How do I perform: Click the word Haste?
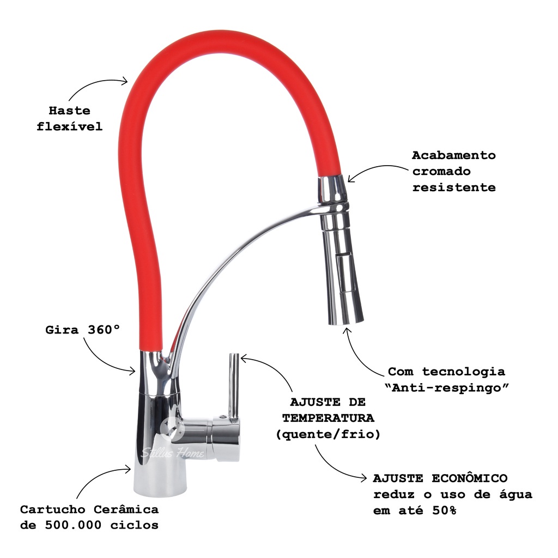pyautogui.click(x=69, y=111)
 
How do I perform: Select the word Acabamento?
pyautogui.click(x=453, y=155)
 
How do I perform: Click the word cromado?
pyautogui.click(x=441, y=171)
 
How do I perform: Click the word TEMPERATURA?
pyautogui.click(x=328, y=418)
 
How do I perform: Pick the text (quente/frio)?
pyautogui.click(x=328, y=435)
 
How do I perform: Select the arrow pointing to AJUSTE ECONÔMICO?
pyautogui.click(x=338, y=463)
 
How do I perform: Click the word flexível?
pyautogui.click(x=69, y=127)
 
